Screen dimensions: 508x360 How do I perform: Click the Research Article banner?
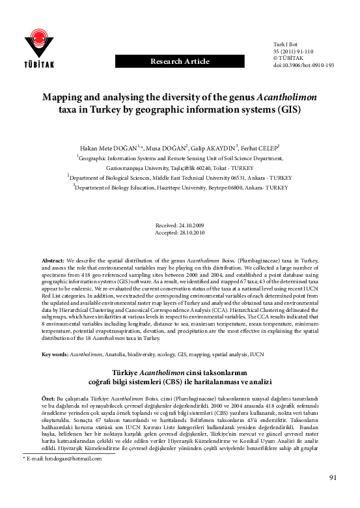coord(180,62)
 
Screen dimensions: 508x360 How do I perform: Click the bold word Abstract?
coord(53,260)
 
